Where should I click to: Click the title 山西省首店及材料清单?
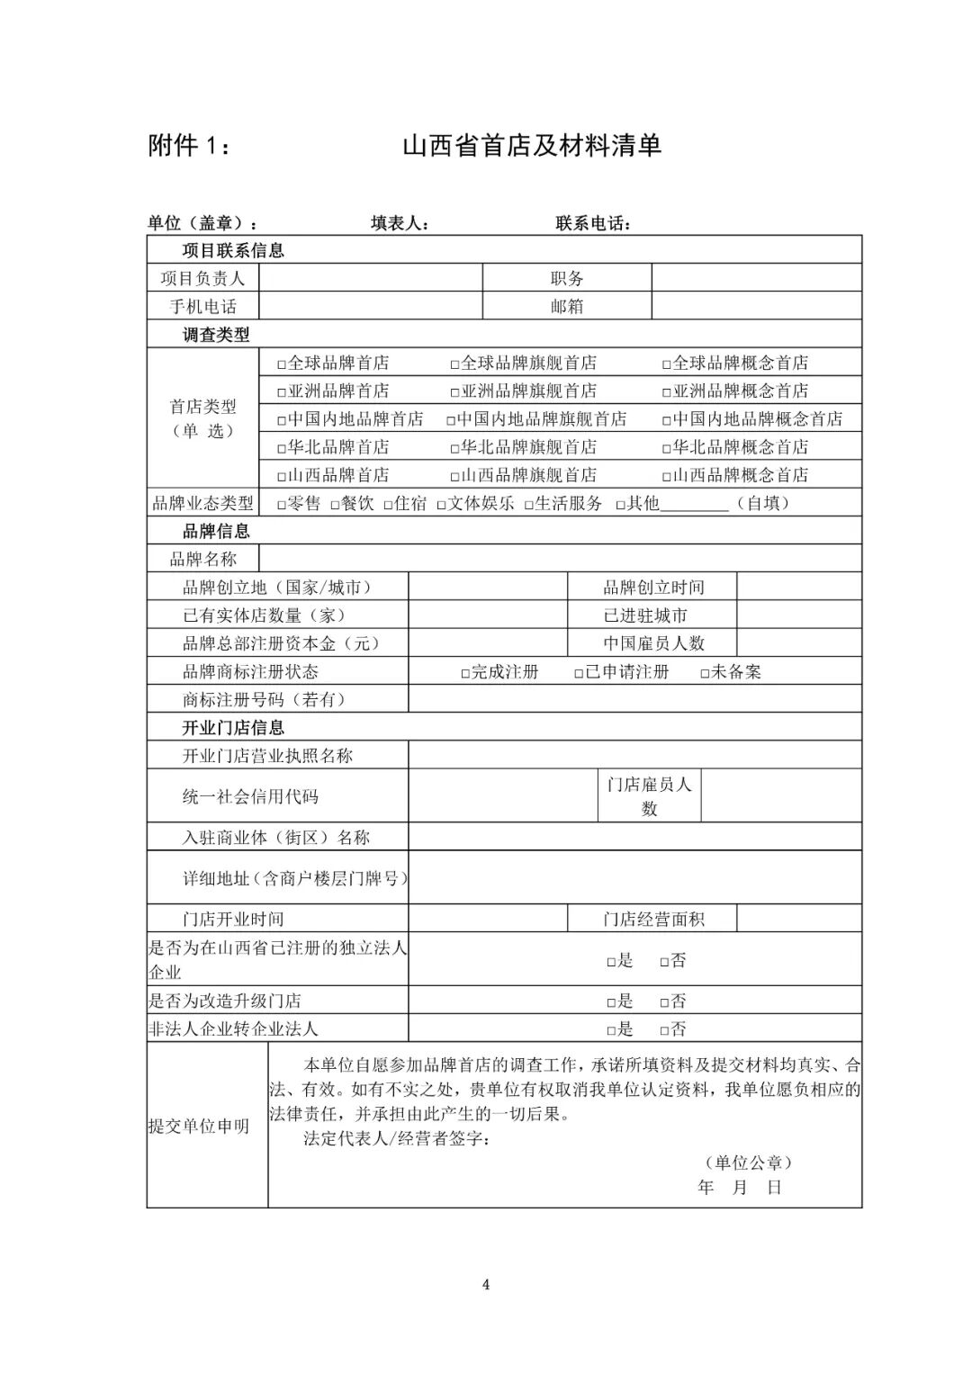pyautogui.click(x=532, y=145)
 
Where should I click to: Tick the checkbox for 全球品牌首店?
pyautogui.click(x=281, y=364)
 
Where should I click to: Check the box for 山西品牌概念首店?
pyautogui.click(x=667, y=477)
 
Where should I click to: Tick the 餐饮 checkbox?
pyautogui.click(x=335, y=505)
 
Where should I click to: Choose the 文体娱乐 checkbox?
pyautogui.click(x=442, y=505)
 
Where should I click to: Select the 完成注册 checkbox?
pyautogui.click(x=465, y=673)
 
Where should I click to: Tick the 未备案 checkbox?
pyautogui.click(x=705, y=673)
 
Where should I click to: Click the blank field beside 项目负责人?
pyautogui.click(x=371, y=279)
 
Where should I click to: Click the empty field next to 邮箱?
pyautogui.click(x=756, y=307)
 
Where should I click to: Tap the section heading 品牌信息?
pyautogui.click(x=216, y=531)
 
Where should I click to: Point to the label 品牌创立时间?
pyautogui.click(x=653, y=588)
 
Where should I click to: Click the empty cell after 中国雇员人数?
pyautogui.click(x=798, y=643)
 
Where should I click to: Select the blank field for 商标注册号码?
pyautogui.click(x=634, y=700)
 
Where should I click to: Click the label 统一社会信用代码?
pyautogui.click(x=250, y=796)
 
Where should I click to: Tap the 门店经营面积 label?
pyautogui.click(x=653, y=919)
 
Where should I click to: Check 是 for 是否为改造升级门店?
pyautogui.click(x=611, y=1002)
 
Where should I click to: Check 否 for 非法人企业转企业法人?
pyautogui.click(x=664, y=1030)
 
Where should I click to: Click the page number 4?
pyautogui.click(x=486, y=1284)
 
